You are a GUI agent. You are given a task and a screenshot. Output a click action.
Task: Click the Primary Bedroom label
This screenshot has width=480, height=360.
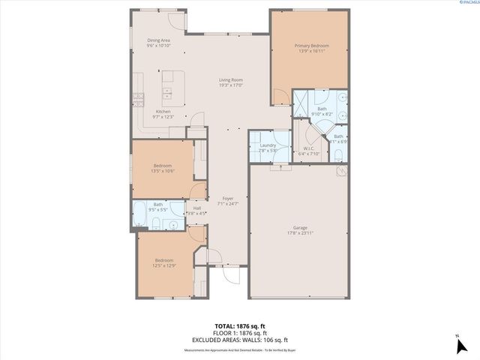310,46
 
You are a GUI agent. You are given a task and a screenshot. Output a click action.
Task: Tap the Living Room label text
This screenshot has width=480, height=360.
230,80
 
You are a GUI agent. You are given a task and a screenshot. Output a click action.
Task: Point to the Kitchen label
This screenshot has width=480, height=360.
163,112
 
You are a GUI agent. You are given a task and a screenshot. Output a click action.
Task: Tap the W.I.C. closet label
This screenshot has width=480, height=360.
310,148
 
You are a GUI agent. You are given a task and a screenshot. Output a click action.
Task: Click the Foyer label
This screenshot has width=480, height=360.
228,198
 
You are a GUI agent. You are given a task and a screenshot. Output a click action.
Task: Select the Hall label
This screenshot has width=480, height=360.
196,208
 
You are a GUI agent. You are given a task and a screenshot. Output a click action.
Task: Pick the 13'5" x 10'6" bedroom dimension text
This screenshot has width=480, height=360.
163,170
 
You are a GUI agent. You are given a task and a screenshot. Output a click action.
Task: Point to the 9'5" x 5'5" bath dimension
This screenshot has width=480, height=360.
158,209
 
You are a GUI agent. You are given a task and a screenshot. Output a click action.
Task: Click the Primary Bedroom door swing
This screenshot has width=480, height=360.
279,96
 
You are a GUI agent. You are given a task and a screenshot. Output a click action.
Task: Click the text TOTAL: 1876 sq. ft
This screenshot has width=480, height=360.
239,326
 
